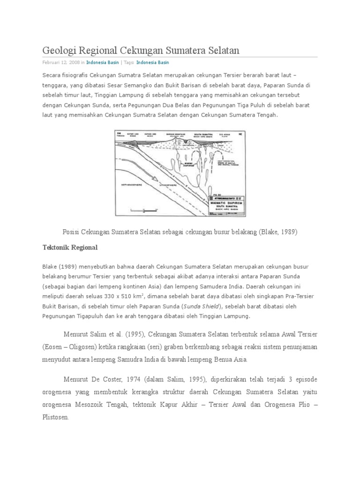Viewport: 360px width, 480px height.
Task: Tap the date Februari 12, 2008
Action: click(60, 62)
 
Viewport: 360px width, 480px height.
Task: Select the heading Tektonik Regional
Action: click(69, 247)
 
